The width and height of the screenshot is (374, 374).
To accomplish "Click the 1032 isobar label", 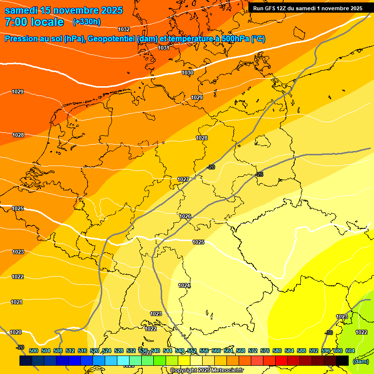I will [x=124, y=30].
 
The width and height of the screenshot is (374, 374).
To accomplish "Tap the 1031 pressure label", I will [x=164, y=48].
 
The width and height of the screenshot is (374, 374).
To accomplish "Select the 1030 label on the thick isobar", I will [x=187, y=73].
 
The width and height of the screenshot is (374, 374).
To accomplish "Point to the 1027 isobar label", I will [x=183, y=180].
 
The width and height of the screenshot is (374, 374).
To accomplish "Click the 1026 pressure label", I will [x=185, y=216].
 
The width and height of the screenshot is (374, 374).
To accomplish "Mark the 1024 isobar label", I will [x=184, y=285].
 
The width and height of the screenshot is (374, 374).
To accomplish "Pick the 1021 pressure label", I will [x=17, y=302].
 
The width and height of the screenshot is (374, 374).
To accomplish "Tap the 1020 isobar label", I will [x=16, y=332].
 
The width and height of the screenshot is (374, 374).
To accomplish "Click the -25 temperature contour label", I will [x=259, y=174].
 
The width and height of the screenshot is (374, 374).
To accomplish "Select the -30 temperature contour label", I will [x=329, y=333].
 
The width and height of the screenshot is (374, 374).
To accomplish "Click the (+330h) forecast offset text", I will [x=87, y=22].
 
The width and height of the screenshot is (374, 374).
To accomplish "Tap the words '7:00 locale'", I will [x=34, y=22].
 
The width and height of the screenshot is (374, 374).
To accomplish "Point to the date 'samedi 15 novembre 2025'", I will [x=63, y=10].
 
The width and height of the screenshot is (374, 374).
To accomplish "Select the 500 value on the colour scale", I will [x=34, y=351].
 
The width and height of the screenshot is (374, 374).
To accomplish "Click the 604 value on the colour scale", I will [x=350, y=351].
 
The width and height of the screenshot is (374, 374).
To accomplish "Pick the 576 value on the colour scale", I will [x=265, y=351].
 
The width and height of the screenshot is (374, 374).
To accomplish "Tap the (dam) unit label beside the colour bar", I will [x=360, y=361].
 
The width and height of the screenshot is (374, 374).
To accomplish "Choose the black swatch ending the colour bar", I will [x=342, y=360].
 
